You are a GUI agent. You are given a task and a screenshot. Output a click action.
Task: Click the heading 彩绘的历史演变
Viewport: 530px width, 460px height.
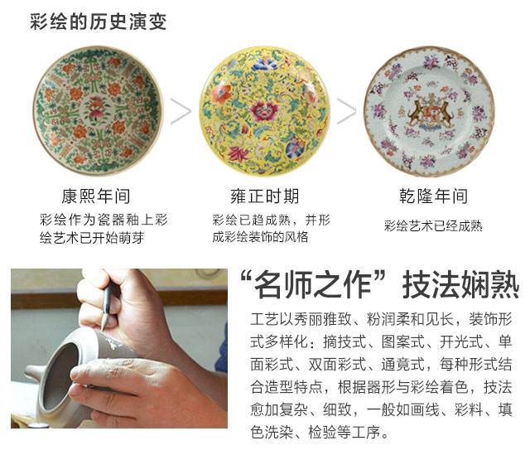click(x=98, y=22)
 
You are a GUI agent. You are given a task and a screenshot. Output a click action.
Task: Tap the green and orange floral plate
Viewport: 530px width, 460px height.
click(x=98, y=110)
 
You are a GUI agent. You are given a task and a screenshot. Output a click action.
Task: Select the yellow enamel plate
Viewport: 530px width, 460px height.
click(x=264, y=112)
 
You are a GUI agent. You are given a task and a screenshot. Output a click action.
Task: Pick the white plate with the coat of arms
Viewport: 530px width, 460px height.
click(x=429, y=112)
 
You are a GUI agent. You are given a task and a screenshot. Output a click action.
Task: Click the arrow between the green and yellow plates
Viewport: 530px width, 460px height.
click(x=181, y=111)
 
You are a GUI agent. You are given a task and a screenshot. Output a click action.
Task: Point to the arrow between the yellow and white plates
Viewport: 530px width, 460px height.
click(x=347, y=111)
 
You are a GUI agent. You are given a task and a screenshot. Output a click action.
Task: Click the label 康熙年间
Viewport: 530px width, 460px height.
click(x=96, y=196)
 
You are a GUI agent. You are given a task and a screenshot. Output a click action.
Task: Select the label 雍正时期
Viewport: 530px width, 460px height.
click(x=265, y=196)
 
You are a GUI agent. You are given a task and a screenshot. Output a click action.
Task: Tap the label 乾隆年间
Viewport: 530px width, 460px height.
click(x=433, y=196)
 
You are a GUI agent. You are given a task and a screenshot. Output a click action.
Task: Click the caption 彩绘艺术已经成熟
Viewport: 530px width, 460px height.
click(x=433, y=225)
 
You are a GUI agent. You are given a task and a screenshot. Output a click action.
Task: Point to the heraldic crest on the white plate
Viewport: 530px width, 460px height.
click(x=430, y=112)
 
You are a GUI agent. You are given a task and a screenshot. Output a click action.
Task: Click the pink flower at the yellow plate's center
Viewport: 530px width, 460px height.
click(x=263, y=111)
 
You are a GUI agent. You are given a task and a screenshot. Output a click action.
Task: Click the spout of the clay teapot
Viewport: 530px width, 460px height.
click(x=33, y=373)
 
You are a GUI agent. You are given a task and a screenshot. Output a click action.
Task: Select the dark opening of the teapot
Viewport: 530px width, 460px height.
click(x=60, y=375)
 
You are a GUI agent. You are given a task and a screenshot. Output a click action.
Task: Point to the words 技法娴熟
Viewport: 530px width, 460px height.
click(x=460, y=285)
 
